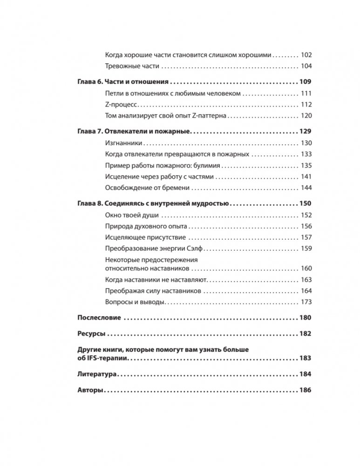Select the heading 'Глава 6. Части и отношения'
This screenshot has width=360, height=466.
pyautogui.click(x=122, y=81)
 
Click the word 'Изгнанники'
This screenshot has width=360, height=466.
pyautogui.click(x=123, y=143)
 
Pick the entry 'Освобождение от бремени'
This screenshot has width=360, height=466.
pyautogui.click(x=148, y=188)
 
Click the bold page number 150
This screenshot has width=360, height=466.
pyautogui.click(x=306, y=203)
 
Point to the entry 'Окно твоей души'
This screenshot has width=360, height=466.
pyautogui.click(x=132, y=215)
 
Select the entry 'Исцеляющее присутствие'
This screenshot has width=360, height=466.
pyautogui.click(x=144, y=237)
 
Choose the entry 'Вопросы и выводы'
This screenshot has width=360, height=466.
pyautogui.click(x=136, y=302)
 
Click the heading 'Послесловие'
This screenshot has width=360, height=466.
pyautogui.click(x=99, y=317)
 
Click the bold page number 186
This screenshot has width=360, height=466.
pyautogui.click(x=306, y=391)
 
